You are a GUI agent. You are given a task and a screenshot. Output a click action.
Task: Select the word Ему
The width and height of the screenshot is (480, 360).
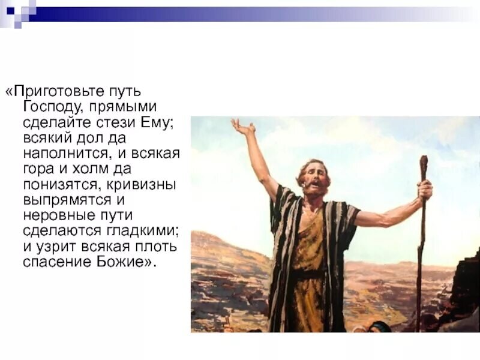159,122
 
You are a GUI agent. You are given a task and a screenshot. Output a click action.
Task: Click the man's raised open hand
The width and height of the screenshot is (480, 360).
242,127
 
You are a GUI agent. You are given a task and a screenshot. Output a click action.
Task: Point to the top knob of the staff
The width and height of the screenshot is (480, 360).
424,161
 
